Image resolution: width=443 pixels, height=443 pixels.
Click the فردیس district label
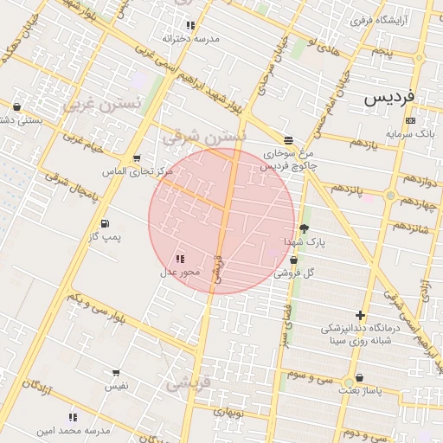(388, 97)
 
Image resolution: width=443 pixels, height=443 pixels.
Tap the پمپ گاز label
(107, 235)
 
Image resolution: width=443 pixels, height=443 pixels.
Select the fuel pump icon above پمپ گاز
(105, 222)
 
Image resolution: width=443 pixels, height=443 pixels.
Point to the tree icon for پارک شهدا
(304, 228)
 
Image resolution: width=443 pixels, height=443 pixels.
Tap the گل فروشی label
(294, 273)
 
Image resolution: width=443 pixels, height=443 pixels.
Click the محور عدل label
(180, 272)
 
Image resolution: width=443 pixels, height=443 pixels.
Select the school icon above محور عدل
(180, 259)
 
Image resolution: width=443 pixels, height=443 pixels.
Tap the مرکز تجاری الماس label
(138, 171)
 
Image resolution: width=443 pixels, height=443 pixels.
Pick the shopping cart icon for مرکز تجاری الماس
(137, 158)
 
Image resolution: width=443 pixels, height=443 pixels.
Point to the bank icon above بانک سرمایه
(410, 120)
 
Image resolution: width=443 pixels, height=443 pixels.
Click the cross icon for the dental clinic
(360, 315)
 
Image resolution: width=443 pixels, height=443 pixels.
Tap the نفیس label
(116, 386)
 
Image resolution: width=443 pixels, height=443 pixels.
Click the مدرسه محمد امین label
(74, 430)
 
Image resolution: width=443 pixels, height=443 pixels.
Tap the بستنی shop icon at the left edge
(17, 107)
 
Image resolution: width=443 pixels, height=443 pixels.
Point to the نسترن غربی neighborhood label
(91, 105)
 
